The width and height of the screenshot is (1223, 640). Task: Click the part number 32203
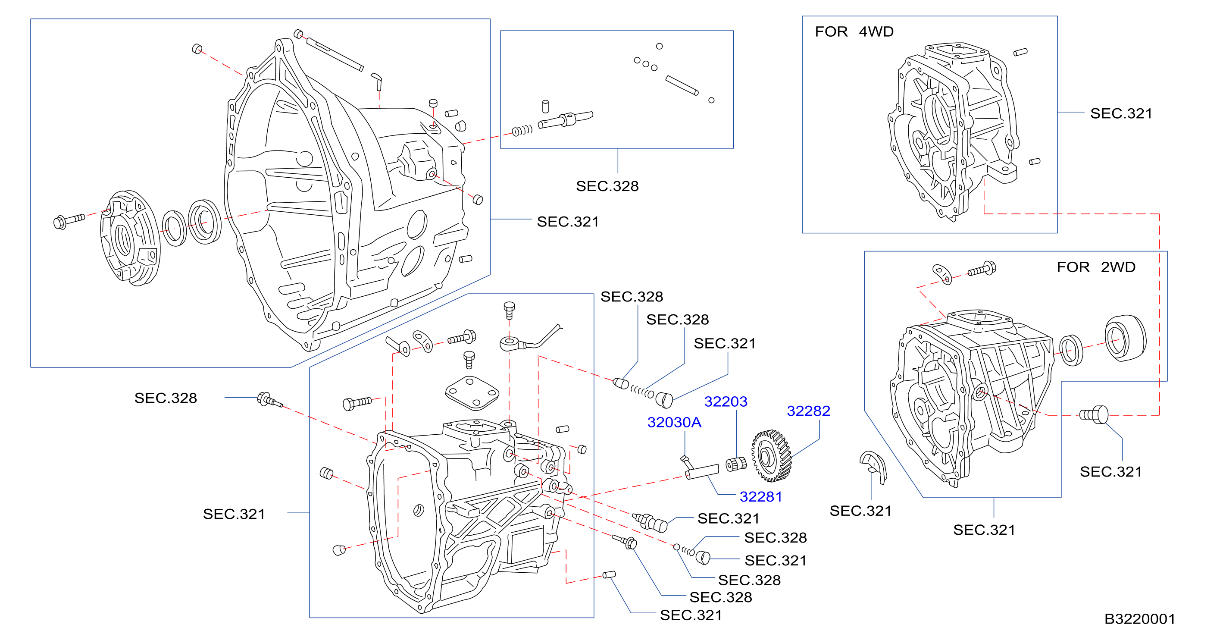[726, 402]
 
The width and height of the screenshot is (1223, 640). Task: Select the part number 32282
[809, 411]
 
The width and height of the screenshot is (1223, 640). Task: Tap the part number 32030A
[674, 422]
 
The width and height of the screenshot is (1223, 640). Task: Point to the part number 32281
[761, 496]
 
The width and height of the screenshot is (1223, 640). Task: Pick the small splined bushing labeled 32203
[736, 464]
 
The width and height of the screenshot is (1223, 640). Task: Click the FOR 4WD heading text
[854, 31]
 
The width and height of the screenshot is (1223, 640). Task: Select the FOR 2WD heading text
[1096, 267]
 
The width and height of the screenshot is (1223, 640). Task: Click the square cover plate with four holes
[472, 393]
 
